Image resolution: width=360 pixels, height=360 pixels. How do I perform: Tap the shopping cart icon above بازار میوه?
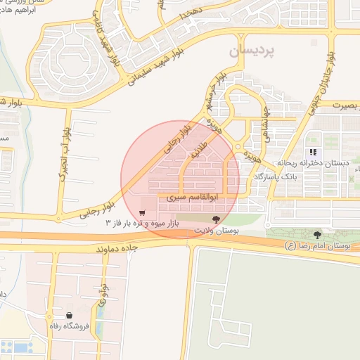(142, 213)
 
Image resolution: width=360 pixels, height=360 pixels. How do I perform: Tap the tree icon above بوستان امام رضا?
(318, 234)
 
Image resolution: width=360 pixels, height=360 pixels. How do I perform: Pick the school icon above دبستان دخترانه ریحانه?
(314, 152)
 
